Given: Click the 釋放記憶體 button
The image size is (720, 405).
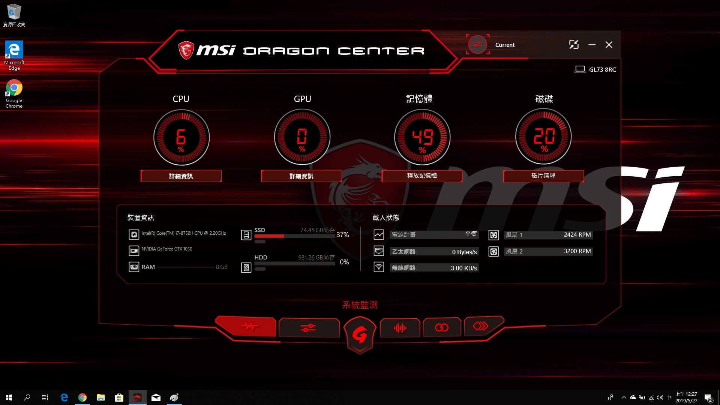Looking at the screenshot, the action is pyautogui.click(x=422, y=176).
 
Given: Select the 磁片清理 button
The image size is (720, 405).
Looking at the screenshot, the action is pyautogui.click(x=543, y=176).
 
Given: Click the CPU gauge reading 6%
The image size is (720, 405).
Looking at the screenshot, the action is pyautogui.click(x=181, y=137).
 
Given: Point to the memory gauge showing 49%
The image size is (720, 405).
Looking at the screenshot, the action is pyautogui.click(x=422, y=137).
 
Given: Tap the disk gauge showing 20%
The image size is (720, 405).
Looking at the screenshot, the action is pyautogui.click(x=543, y=136).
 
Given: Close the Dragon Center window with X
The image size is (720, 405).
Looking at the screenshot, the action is pyautogui.click(x=609, y=45).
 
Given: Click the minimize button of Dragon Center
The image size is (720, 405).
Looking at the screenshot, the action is pyautogui.click(x=592, y=45).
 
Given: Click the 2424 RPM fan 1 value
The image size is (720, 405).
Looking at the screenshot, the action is pyautogui.click(x=577, y=235).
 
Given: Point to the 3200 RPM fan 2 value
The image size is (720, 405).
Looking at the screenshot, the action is pyautogui.click(x=577, y=251).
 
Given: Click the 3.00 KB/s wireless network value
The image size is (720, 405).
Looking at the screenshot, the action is pyautogui.click(x=464, y=268).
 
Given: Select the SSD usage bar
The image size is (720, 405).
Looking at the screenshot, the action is pyautogui.click(x=295, y=236).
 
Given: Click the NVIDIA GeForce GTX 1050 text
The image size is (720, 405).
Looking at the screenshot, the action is pyautogui.click(x=167, y=249).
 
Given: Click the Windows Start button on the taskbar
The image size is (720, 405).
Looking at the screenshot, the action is pyautogui.click(x=9, y=397).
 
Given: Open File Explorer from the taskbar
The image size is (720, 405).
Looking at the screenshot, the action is pyautogui.click(x=100, y=397).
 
